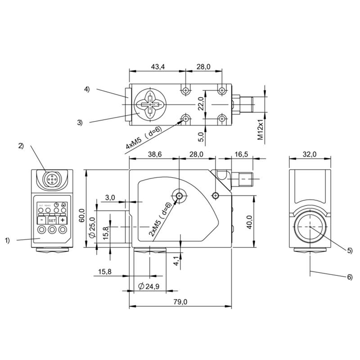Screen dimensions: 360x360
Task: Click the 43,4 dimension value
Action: click(157, 67)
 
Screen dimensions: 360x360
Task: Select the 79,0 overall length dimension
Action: click(180, 302)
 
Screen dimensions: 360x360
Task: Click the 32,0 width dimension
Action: click(310, 154)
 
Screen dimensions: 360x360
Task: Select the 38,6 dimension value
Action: click(154, 154)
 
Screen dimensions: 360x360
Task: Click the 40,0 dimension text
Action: click(248, 222)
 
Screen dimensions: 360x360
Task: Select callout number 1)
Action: click(7, 240)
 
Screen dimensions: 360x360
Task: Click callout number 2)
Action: click(21, 145)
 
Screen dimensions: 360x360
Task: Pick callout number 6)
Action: click(350, 277)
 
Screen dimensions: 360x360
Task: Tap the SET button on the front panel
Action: click(52, 220)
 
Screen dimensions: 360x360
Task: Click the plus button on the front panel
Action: click(63, 220)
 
